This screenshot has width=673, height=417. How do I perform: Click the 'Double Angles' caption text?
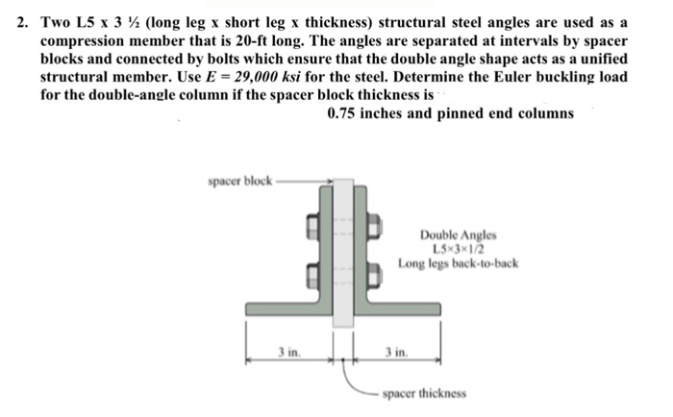click(x=458, y=233)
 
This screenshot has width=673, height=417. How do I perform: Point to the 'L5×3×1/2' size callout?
click(x=458, y=246)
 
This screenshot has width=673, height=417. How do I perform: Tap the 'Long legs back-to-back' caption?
click(x=458, y=259)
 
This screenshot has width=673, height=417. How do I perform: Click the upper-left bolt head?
click(x=313, y=229)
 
